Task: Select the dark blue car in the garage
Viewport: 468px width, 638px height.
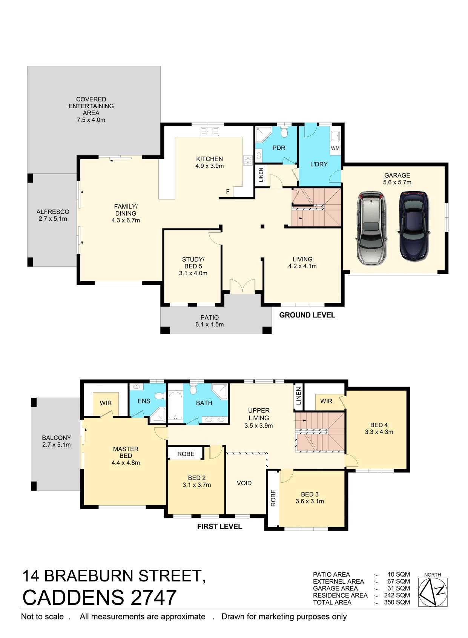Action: pos(414,227)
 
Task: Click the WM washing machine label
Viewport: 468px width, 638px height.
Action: pos(335,148)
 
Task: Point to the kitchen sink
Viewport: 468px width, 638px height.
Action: pos(210,132)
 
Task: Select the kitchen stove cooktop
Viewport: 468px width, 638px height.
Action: pos(247,160)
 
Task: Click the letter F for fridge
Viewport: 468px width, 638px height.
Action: pos(228,192)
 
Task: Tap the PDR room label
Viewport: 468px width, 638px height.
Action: pos(279,148)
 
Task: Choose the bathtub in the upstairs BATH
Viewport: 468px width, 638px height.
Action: pos(175,406)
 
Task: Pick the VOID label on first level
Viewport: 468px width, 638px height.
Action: pos(244,483)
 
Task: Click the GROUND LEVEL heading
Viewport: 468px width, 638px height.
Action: pos(307,315)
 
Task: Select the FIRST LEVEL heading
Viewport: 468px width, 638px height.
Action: pos(219,526)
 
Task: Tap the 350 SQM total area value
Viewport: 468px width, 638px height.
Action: pos(397,602)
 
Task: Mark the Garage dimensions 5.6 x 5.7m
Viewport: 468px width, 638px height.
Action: pos(397,182)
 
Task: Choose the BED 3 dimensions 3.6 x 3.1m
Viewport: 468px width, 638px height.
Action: pos(310,501)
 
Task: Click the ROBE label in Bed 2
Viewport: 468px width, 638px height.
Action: pos(186,454)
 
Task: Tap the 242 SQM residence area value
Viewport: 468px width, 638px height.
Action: pos(397,595)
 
